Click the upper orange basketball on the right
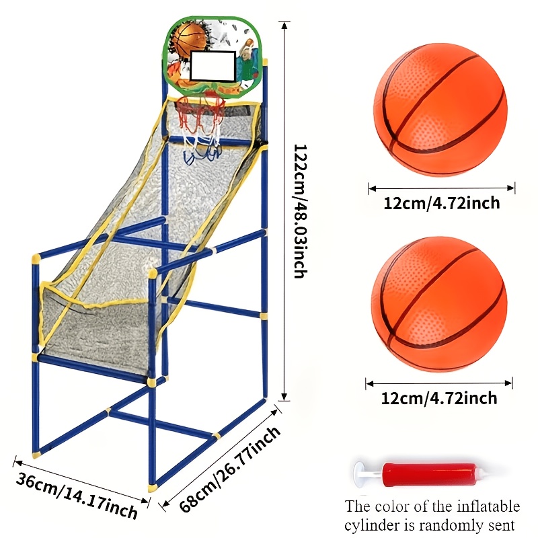(440, 110)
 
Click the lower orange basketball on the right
(439, 305)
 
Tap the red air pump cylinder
(430, 475)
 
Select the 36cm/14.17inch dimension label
(77, 495)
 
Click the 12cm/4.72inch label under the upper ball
(441, 203)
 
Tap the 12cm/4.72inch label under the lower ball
(439, 398)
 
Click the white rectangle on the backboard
(213, 66)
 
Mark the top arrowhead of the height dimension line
(284, 26)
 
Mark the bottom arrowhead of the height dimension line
(284, 396)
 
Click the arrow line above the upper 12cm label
(442, 188)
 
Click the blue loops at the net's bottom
(201, 154)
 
